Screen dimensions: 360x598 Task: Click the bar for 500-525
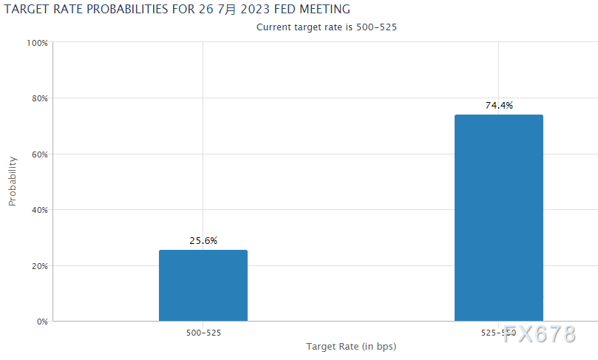[x=203, y=285]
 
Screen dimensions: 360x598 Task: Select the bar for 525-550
[x=498, y=218]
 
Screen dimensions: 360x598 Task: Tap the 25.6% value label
[x=203, y=240]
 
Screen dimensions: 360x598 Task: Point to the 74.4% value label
[x=498, y=105]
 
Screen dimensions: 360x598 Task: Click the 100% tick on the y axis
[x=37, y=43]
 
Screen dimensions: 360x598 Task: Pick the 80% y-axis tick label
[x=38, y=98]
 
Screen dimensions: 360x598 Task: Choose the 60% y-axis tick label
[x=38, y=154]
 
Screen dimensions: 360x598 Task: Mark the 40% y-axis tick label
[x=38, y=210]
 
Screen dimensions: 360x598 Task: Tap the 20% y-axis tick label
[x=38, y=266]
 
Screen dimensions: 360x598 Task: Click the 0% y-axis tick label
[x=41, y=322]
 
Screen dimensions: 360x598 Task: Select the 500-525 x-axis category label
[x=203, y=333]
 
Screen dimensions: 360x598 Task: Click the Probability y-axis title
[x=13, y=182]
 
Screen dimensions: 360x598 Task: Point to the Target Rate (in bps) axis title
[x=350, y=346]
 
